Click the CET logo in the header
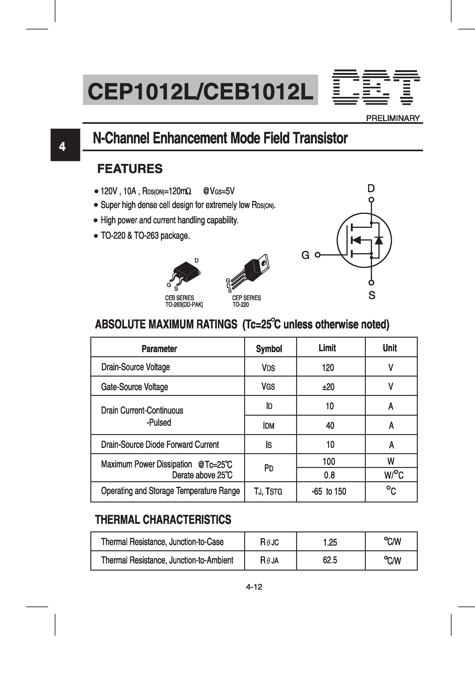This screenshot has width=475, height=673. [376, 87]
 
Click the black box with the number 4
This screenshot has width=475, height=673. [65, 145]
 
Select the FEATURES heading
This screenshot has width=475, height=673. [130, 169]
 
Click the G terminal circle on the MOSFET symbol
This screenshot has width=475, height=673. [318, 255]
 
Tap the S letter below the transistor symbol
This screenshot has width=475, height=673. [372, 295]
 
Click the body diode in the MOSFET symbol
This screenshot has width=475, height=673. [379, 240]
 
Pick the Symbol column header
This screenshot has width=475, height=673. [269, 348]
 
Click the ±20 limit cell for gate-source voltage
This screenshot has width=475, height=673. [328, 387]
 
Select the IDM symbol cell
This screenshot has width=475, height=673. [269, 426]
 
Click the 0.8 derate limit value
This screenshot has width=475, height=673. [329, 475]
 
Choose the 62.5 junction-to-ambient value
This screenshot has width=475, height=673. [330, 560]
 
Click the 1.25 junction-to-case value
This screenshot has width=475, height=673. [330, 542]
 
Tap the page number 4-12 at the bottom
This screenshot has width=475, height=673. [254, 587]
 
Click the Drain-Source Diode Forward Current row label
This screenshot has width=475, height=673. [160, 445]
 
